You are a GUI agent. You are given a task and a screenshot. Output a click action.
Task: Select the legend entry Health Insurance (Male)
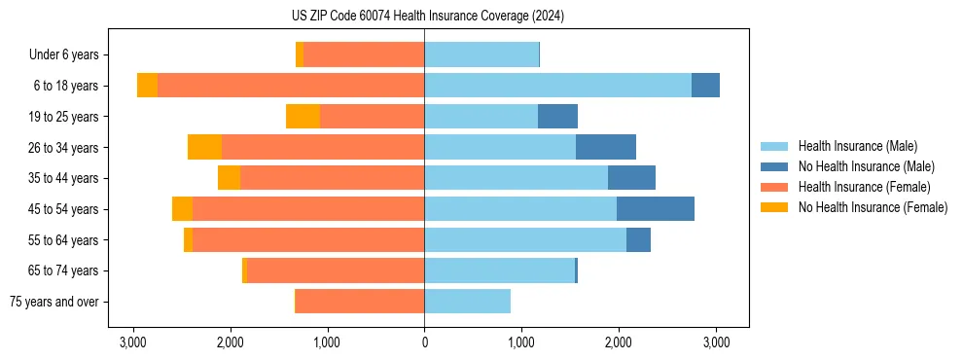point(857,146)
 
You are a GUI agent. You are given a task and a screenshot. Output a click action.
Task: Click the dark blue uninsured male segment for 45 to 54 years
point(655,209)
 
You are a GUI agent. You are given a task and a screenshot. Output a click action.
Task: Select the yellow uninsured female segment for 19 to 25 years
point(303,117)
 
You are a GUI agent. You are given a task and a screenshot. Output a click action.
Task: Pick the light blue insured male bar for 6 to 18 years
point(557,86)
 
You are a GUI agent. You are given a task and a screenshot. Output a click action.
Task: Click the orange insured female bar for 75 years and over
point(360,302)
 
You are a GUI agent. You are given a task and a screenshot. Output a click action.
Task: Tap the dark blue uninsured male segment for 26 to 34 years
point(605,147)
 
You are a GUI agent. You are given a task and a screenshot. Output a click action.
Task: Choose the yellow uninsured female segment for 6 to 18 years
point(147,86)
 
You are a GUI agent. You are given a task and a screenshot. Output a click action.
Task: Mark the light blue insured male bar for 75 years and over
point(467,302)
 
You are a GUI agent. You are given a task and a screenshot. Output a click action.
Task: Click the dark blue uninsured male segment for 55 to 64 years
point(638,239)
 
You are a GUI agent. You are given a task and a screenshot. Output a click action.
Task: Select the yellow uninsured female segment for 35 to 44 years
point(229,178)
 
